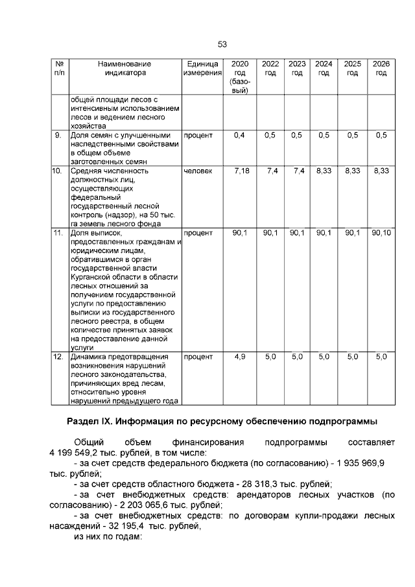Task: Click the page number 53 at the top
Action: click(x=222, y=44)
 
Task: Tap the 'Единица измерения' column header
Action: click(x=202, y=69)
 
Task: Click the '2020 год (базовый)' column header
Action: click(x=239, y=77)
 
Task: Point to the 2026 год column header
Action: click(x=381, y=69)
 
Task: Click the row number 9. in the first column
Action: click(x=58, y=136)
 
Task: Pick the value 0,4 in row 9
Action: click(x=239, y=136)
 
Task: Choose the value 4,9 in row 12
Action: click(x=239, y=357)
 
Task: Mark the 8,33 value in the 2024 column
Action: click(x=324, y=171)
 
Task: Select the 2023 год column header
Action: click(x=297, y=69)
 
